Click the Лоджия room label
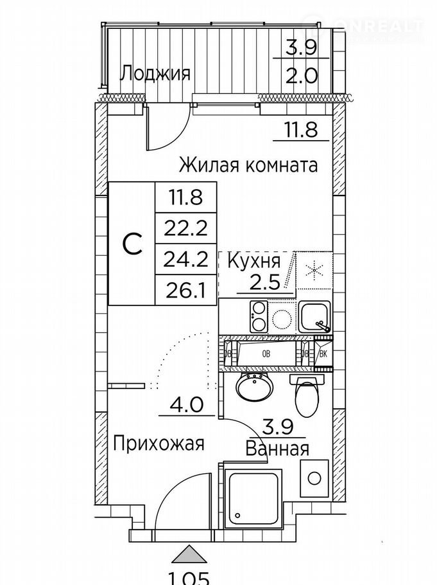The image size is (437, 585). [x=155, y=73]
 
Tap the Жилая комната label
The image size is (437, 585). [x=248, y=165]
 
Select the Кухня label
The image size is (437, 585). [x=253, y=261]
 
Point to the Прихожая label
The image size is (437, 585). [x=159, y=443]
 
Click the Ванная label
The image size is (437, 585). [x=278, y=448]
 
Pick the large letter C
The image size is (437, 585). [x=132, y=245]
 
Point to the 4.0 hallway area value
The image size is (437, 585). [x=186, y=406]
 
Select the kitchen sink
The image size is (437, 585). [x=314, y=316]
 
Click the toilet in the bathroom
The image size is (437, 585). [x=305, y=394]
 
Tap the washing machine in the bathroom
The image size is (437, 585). [x=314, y=478]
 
